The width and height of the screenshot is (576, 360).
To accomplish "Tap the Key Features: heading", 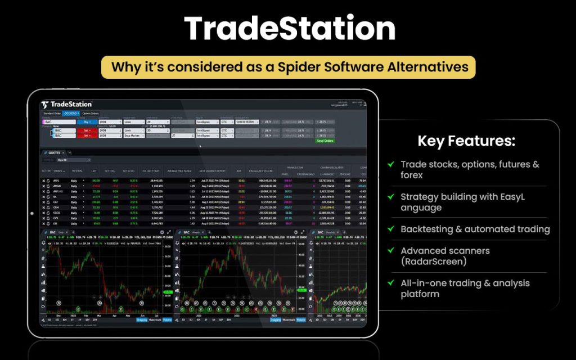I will coord(466,141).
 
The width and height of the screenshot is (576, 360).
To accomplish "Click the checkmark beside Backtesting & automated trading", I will coord(390,229).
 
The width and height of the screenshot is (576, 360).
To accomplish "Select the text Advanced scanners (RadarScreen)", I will coord(445,256).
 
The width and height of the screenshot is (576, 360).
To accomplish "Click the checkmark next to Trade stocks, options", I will coord(390,164).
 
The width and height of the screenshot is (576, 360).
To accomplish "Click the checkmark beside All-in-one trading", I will coord(390,283).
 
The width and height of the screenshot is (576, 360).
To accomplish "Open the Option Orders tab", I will coord(90,113).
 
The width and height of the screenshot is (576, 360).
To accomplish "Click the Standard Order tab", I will coord(52,113).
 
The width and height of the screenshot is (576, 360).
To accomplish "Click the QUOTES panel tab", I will coord(54,152).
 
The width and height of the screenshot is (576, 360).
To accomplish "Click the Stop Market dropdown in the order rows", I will coord(134,135).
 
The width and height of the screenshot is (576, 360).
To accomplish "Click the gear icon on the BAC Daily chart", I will coord(162,232).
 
